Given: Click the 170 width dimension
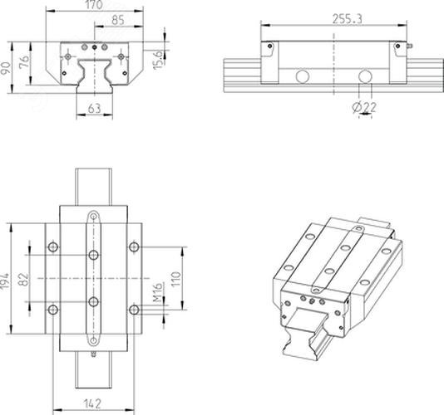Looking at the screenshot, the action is tap(94, 5).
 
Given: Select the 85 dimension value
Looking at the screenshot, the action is tap(118, 21).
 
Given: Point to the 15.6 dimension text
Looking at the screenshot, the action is tap(158, 60).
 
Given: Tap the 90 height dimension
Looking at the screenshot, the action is tap(6, 68).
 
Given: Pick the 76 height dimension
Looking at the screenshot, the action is tap(24, 61).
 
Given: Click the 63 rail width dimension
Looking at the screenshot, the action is tap(94, 108).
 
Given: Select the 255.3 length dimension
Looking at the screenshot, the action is tap(347, 19).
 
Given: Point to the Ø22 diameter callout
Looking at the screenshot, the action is tap(364, 107).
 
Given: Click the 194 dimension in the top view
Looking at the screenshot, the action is tap(5, 281).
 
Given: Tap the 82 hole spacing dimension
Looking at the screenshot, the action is tap(24, 280).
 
